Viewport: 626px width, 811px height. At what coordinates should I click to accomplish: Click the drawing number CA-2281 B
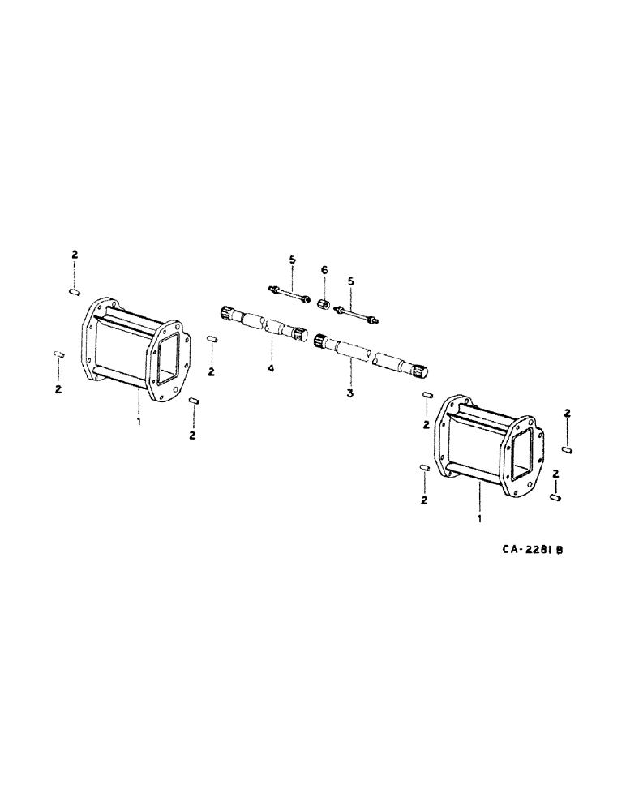531,549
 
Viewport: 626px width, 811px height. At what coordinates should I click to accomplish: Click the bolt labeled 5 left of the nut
289,294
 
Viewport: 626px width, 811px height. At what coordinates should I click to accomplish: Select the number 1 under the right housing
481,517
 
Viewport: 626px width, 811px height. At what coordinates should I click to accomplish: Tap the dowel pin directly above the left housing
74,290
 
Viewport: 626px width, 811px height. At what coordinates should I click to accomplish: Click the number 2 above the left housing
74,255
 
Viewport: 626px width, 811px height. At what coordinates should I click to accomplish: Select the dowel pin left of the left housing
58,354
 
